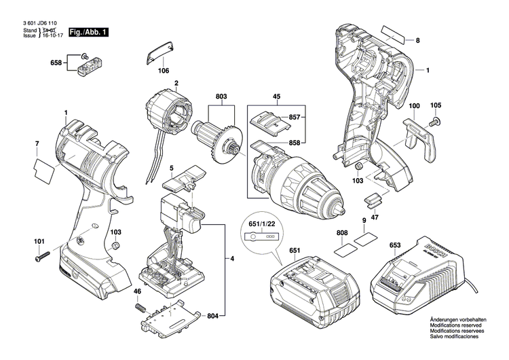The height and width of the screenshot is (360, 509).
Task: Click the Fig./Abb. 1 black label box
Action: click(85, 32)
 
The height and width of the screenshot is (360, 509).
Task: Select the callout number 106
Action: click(164, 70)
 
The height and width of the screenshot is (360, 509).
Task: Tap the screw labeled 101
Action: click(41, 255)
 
